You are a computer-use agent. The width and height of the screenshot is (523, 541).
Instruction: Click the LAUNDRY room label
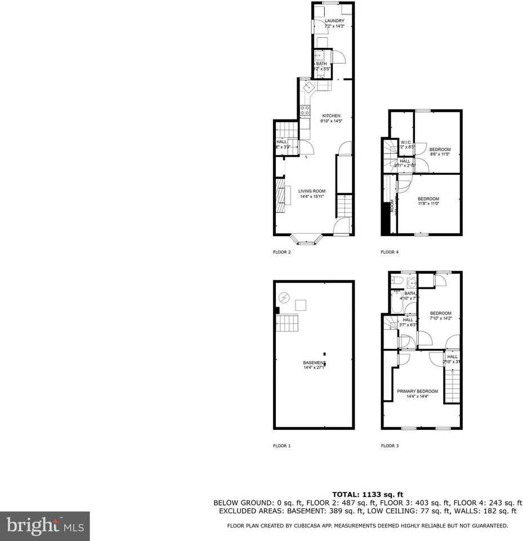334,21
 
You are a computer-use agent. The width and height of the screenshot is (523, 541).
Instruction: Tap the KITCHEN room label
331,116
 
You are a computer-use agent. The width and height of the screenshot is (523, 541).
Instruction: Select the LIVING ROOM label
312,191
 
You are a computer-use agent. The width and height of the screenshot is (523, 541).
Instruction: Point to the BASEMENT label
314,362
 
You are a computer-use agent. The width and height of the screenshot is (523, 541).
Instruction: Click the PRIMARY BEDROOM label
417,391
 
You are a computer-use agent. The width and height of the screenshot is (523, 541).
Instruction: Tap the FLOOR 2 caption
281,252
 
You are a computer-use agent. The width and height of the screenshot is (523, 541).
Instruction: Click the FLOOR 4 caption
390,252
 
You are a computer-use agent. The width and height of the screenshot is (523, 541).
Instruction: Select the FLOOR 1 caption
281,446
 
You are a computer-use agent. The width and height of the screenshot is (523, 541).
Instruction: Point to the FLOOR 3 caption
390,446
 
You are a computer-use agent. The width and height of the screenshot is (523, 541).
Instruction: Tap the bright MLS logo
45,526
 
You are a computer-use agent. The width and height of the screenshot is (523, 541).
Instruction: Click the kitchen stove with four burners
305,110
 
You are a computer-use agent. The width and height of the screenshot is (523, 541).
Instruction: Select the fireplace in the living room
280,196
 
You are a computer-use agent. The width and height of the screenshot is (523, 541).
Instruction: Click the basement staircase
288,323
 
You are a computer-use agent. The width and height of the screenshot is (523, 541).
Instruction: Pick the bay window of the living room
305,239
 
